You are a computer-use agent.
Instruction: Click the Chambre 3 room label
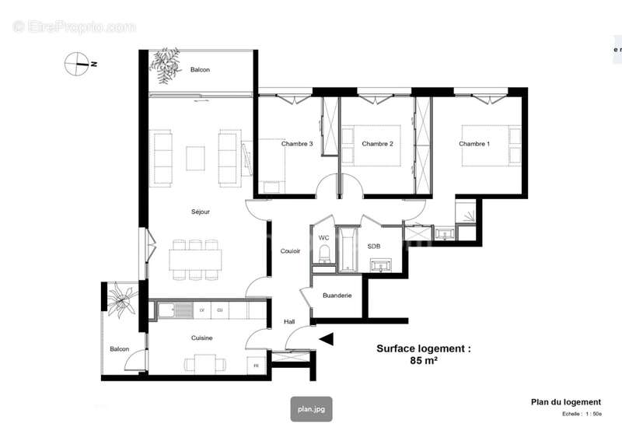tap(297, 144)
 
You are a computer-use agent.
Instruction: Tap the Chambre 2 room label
tap(377, 144)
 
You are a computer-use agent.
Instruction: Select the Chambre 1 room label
tap(474, 144)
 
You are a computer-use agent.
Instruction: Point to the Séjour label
tap(201, 212)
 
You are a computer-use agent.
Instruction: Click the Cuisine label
tap(202, 338)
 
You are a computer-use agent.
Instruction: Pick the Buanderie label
tap(337, 296)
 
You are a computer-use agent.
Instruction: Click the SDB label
tap(375, 246)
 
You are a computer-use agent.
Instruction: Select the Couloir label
tap(291, 250)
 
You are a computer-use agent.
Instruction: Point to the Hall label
tap(289, 320)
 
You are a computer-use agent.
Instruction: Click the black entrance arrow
tap(327, 338)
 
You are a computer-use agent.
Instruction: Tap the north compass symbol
tap(78, 64)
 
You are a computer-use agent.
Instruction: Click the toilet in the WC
tap(325, 254)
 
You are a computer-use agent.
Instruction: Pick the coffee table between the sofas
tap(195, 158)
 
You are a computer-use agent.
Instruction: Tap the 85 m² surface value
tap(423, 361)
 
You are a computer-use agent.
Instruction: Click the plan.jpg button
tap(311, 408)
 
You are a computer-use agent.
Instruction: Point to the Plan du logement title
tap(566, 402)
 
